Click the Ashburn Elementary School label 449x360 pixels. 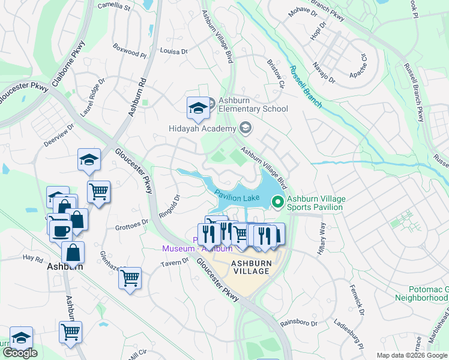click(253, 104)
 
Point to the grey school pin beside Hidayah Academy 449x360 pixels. click(245, 127)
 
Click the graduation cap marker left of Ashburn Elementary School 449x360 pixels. click(197, 108)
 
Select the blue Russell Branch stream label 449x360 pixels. click(305, 86)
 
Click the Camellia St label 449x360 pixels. click(113, 8)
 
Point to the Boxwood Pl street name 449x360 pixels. click(129, 54)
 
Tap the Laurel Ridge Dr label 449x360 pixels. click(93, 96)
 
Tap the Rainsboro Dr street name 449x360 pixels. click(298, 323)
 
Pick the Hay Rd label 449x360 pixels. click(33, 258)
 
